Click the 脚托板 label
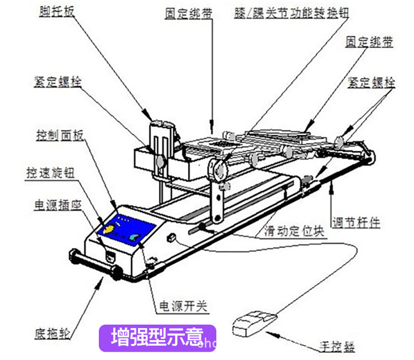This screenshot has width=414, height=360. point(56,9)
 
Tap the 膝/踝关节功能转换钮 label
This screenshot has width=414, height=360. point(290,12)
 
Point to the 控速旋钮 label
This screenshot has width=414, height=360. point(50,172)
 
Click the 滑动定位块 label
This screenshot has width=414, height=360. point(286,231)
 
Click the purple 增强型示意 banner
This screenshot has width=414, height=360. point(157,338)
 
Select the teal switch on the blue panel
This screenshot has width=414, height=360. point(135,237)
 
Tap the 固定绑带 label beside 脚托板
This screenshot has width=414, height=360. point(188,12)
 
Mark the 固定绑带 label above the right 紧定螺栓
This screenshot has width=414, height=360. point(369,42)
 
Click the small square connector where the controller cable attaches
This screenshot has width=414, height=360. point(171,239)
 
